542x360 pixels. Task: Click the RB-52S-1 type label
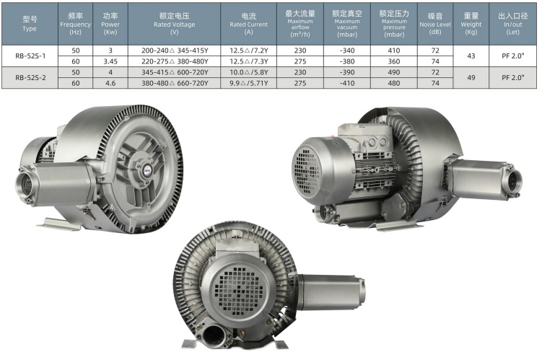tap(30, 56)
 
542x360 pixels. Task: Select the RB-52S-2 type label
tap(30, 77)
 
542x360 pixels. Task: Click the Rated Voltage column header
tap(174, 24)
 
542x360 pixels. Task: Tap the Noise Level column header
tap(435, 24)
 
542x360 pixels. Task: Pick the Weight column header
tap(471, 24)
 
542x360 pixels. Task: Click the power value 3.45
tap(110, 61)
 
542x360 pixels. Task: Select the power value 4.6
tap(110, 83)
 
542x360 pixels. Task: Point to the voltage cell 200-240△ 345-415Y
tap(175, 51)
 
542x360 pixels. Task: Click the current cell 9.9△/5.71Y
tap(249, 83)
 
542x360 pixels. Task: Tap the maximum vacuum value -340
tap(347, 51)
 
